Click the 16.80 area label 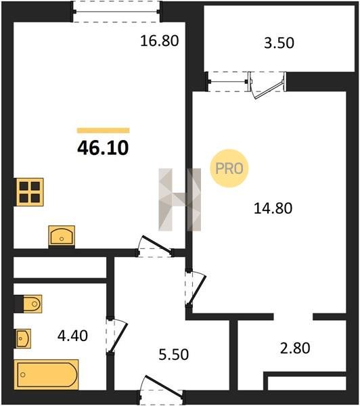[x=159, y=41]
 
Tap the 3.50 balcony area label [x=279, y=43]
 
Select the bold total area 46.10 [x=103, y=148]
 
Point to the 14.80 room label [x=273, y=208]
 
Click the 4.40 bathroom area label [x=72, y=336]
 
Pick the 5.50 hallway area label [x=173, y=355]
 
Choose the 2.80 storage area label [x=295, y=348]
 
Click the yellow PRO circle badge [x=229, y=168]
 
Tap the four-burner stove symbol [x=28, y=192]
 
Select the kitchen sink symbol [x=62, y=235]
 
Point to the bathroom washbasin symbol [x=24, y=338]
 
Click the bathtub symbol [x=47, y=374]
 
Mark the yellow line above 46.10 [x=103, y=130]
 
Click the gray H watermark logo [x=180, y=200]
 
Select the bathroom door [x=116, y=336]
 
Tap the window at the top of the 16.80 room [x=116, y=12]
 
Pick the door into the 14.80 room [x=196, y=288]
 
